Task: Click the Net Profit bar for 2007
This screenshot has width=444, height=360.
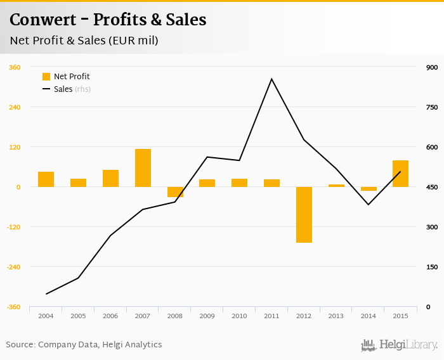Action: click(x=143, y=168)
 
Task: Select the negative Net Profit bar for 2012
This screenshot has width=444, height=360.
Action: click(x=304, y=214)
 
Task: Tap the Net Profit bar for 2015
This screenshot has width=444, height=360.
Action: click(x=400, y=174)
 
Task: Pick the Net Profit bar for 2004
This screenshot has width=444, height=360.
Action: click(x=46, y=179)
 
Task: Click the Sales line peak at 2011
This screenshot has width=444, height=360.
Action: click(x=271, y=79)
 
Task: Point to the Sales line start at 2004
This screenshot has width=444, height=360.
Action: click(x=46, y=293)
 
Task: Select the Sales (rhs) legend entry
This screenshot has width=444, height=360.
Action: click(x=72, y=89)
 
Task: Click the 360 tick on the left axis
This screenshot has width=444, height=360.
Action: click(x=14, y=67)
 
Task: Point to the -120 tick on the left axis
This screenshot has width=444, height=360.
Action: click(x=13, y=227)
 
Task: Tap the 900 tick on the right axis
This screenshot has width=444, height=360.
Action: click(x=432, y=67)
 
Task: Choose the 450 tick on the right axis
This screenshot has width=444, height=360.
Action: click(x=432, y=187)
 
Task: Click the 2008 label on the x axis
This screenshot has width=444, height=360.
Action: click(x=174, y=316)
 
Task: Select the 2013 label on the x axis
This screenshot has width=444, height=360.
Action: click(x=336, y=316)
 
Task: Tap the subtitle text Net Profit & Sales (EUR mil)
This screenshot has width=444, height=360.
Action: click(x=84, y=41)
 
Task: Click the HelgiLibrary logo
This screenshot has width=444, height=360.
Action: click(x=399, y=345)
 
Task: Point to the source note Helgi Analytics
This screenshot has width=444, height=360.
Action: click(x=131, y=345)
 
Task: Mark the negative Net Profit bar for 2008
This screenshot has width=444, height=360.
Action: click(x=175, y=192)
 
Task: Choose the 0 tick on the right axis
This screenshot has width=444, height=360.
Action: click(x=429, y=307)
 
